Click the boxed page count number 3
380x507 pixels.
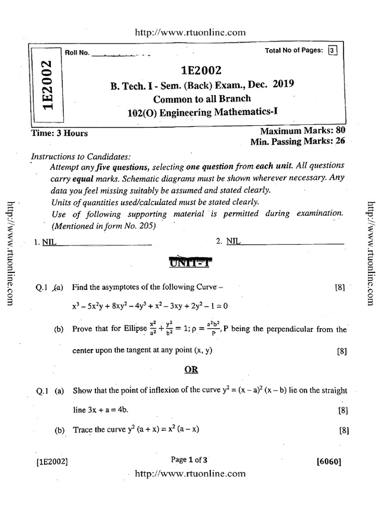tap(332, 50)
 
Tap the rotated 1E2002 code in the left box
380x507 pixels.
tap(47, 85)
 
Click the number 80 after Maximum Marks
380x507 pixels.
tap(340, 131)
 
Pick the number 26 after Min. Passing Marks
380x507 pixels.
tap(340, 142)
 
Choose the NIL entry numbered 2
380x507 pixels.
tap(233, 241)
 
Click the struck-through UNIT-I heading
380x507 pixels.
tap(190, 262)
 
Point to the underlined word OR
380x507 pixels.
tap(191, 370)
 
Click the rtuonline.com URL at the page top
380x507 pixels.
tap(190, 32)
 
